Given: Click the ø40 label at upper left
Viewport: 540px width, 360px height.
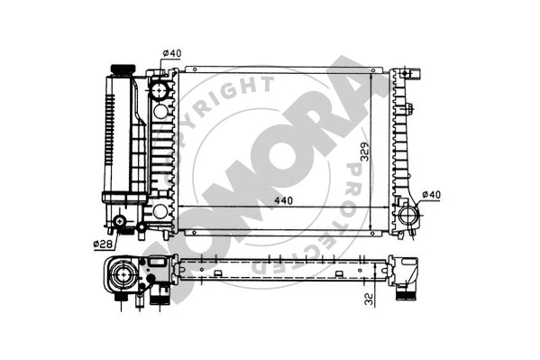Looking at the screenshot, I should (173, 53).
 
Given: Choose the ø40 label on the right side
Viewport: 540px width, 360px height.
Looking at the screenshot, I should (434, 195).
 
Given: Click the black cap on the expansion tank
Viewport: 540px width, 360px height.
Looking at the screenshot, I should (120, 70).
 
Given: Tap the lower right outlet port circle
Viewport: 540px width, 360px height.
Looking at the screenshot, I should (409, 217).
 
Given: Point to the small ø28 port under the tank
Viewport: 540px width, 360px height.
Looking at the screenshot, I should (123, 222).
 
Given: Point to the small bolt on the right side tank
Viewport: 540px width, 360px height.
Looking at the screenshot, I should (409, 112).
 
